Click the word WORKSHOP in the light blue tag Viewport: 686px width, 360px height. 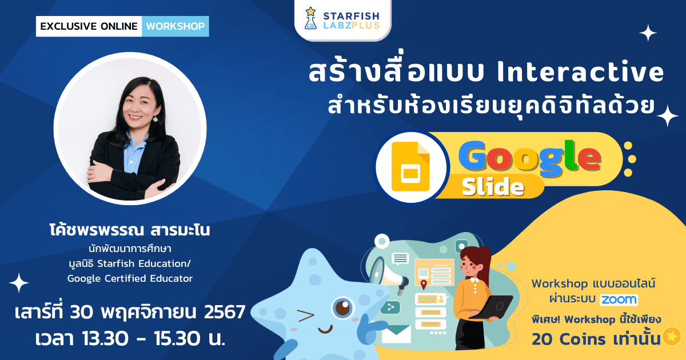(175, 26)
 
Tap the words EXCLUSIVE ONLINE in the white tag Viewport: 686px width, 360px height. (89, 26)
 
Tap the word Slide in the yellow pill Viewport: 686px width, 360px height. (493, 186)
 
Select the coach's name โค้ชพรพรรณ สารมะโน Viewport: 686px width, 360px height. (130, 231)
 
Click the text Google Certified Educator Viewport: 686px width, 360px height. (130, 278)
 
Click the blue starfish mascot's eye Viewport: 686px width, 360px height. (344, 307)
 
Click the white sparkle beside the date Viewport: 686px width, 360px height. (19, 283)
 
